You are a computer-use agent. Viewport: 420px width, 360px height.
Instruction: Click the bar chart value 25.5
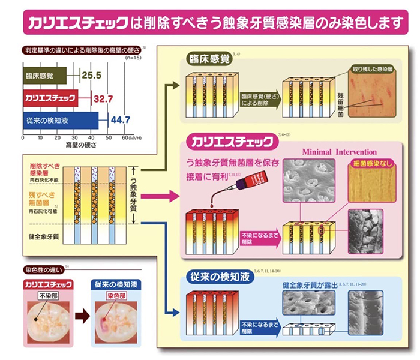[91, 76]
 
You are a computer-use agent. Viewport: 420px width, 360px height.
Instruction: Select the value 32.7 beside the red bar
[104, 98]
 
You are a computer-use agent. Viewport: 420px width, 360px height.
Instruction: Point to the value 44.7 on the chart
[121, 120]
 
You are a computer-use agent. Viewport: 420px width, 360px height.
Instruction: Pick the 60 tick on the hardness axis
[126, 137]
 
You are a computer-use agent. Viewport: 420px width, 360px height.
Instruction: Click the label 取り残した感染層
[375, 69]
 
